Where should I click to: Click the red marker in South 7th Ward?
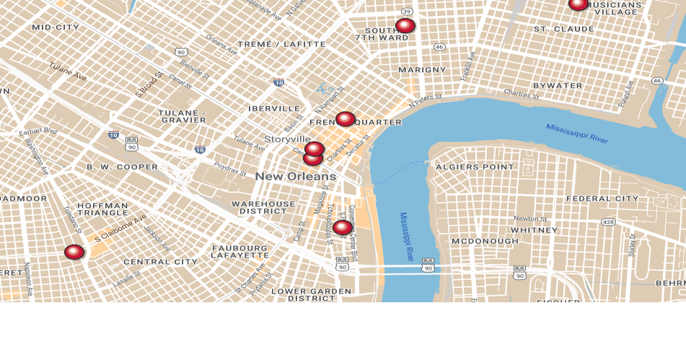(x=405, y=25)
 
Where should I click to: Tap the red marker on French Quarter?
(x=346, y=118)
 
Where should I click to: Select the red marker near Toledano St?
(x=74, y=251)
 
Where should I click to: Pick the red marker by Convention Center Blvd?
(x=343, y=227)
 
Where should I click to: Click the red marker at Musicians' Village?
(x=579, y=4)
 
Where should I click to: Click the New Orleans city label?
(x=295, y=176)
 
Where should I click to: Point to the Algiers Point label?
(x=475, y=167)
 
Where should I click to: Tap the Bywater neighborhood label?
(x=558, y=85)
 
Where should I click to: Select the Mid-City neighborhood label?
(x=56, y=27)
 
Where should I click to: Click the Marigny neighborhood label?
(x=422, y=69)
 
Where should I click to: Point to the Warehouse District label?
(x=263, y=208)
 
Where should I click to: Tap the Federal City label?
(x=602, y=198)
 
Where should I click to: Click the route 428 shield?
(x=608, y=222)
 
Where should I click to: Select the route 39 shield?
(x=407, y=11)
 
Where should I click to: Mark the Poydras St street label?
(x=231, y=168)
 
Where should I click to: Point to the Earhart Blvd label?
(x=38, y=131)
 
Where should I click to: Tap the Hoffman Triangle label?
(x=102, y=208)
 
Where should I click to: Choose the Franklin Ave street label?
(x=469, y=65)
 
